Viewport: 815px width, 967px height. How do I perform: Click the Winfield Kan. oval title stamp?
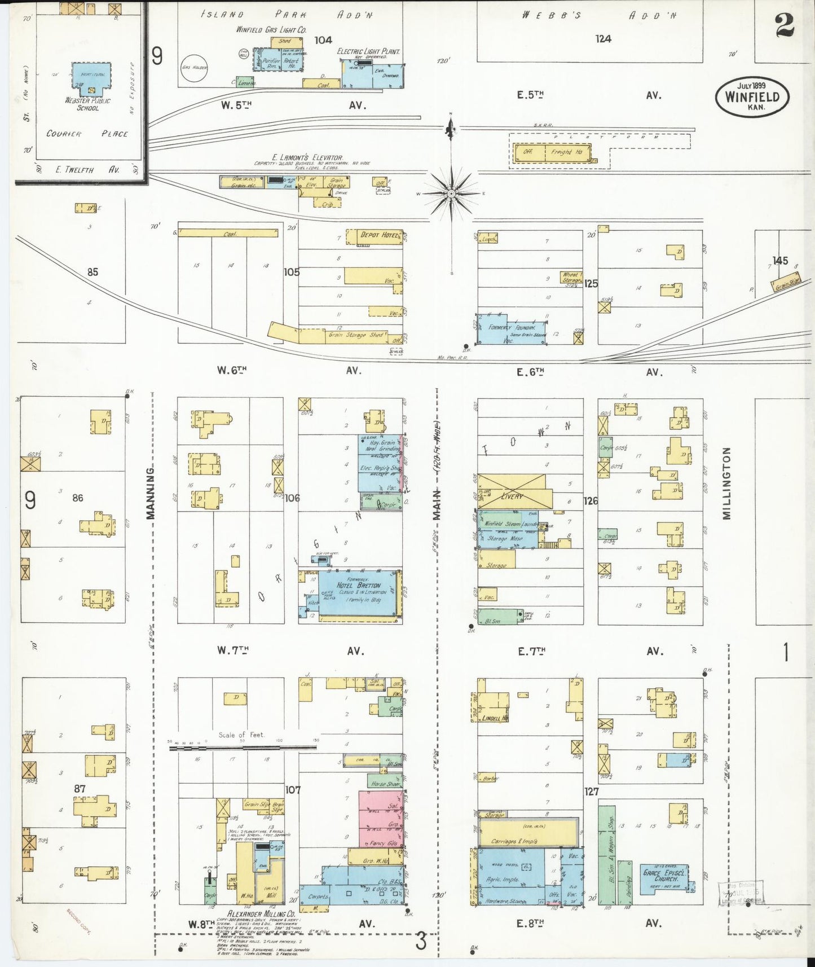pyautogui.click(x=752, y=96)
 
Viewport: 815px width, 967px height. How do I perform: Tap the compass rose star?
pyautogui.click(x=451, y=194)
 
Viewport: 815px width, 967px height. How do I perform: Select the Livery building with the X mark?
pyautogui.click(x=512, y=491)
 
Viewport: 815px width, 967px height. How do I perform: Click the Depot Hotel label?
pyautogui.click(x=379, y=235)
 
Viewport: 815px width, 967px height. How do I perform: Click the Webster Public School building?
pyautogui.click(x=90, y=79)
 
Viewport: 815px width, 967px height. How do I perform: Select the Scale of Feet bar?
pyautogui.click(x=243, y=748)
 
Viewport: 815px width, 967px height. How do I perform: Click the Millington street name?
pyautogui.click(x=726, y=483)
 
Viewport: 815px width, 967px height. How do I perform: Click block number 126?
pyautogui.click(x=591, y=500)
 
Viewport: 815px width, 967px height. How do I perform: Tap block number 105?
pyautogui.click(x=292, y=272)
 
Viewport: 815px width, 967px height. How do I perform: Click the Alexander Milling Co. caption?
pyautogui.click(x=261, y=913)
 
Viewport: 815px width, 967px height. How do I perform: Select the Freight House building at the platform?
pyautogui.click(x=552, y=152)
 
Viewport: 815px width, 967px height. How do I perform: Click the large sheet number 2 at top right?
pyautogui.click(x=785, y=24)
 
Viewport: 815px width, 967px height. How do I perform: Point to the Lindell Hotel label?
pyautogui.click(x=495, y=718)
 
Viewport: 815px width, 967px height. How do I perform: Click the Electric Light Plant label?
pyautogui.click(x=368, y=51)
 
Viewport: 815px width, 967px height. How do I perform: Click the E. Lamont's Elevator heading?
pyautogui.click(x=307, y=157)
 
